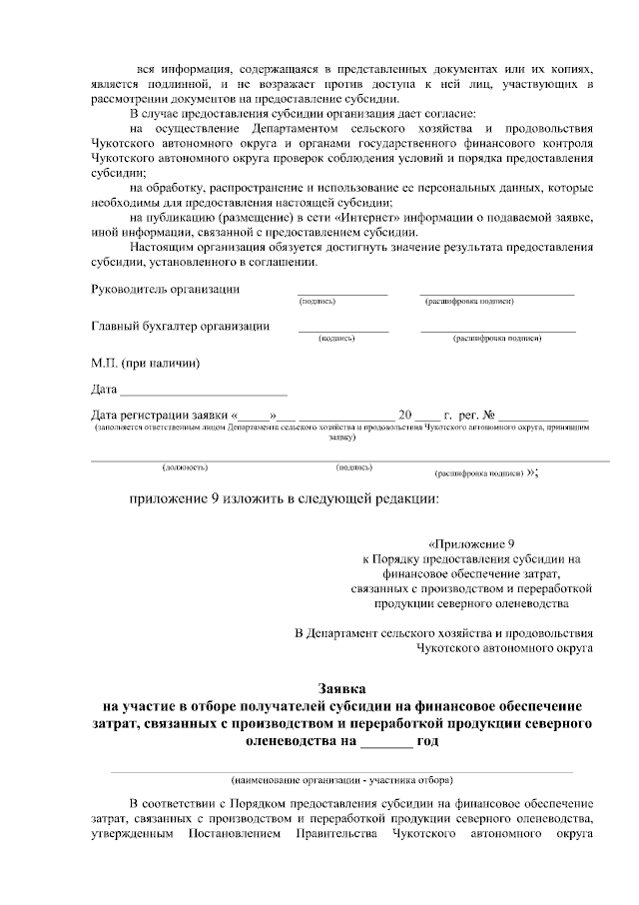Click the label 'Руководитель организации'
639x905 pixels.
(165, 290)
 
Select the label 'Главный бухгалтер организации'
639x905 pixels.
(180, 326)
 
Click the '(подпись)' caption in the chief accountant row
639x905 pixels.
(336, 339)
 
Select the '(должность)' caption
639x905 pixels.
(185, 466)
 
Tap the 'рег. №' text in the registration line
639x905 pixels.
(476, 415)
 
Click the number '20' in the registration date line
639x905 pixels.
(404, 415)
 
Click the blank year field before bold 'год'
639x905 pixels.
(385, 742)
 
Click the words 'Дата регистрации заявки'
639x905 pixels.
(159, 415)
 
